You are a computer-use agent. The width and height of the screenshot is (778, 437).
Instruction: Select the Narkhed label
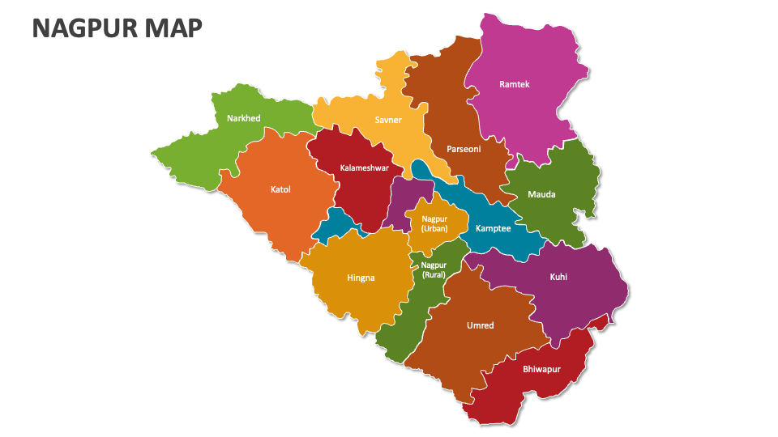pyautogui.click(x=243, y=118)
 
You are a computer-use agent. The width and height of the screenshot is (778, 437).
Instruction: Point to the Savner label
pyautogui.click(x=388, y=120)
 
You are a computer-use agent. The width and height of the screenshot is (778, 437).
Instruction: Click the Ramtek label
pyautogui.click(x=515, y=84)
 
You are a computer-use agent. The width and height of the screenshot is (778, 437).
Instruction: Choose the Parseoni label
pyautogui.click(x=464, y=149)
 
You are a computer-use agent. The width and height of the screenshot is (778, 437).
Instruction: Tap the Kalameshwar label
pyautogui.click(x=365, y=168)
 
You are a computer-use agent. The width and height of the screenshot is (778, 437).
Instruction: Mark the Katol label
pyautogui.click(x=280, y=190)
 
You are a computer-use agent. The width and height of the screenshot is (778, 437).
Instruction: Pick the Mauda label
pyautogui.click(x=541, y=194)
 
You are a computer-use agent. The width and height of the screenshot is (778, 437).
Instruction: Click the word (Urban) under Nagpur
pyautogui.click(x=434, y=228)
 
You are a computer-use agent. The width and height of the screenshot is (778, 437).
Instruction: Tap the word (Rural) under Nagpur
pyautogui.click(x=434, y=274)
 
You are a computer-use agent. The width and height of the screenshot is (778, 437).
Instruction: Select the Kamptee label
pyautogui.click(x=493, y=228)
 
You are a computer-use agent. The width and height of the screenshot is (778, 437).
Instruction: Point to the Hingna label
pyautogui.click(x=361, y=278)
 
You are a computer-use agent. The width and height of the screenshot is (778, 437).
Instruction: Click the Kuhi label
pyautogui.click(x=558, y=277)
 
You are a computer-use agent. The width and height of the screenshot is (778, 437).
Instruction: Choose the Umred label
pyautogui.click(x=480, y=325)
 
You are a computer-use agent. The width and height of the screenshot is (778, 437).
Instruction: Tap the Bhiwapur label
pyautogui.click(x=541, y=369)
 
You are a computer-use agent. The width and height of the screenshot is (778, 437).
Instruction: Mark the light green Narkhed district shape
pyautogui.click(x=194, y=154)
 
